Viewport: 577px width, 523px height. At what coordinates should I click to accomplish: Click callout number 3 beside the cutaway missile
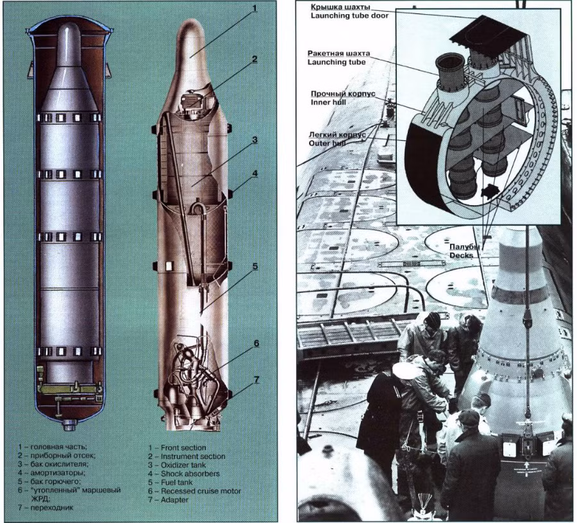(x=255, y=140)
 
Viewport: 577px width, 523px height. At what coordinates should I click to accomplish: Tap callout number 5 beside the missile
(x=255, y=267)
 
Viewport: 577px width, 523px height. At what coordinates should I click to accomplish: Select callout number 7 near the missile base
(x=256, y=379)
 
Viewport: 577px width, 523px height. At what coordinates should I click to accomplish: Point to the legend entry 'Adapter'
(x=174, y=500)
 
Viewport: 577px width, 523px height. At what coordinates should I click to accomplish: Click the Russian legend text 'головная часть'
(x=58, y=447)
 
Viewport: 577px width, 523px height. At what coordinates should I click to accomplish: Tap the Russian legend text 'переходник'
(x=51, y=508)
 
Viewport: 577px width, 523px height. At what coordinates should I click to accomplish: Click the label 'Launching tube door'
(x=349, y=15)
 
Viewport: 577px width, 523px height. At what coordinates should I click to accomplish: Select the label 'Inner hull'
(x=328, y=103)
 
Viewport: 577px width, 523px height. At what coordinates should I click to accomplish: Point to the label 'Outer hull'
(x=327, y=143)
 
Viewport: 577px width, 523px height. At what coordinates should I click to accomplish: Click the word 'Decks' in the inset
(x=461, y=255)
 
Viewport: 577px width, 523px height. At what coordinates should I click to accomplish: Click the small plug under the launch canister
(x=69, y=426)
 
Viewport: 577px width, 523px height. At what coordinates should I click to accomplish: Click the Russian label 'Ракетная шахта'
(x=339, y=53)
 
